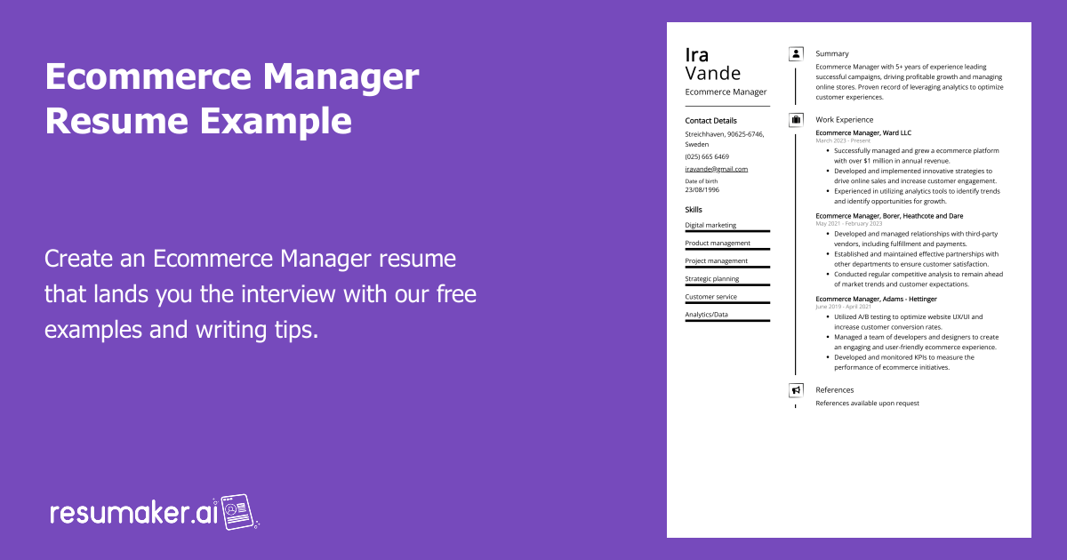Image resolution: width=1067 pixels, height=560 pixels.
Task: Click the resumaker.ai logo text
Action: [134, 513]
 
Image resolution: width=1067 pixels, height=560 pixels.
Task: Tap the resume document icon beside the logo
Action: [237, 512]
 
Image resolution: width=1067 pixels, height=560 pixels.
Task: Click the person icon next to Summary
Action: [796, 54]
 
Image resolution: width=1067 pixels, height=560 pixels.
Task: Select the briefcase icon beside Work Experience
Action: [796, 120]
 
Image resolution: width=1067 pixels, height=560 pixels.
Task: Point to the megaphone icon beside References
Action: [796, 390]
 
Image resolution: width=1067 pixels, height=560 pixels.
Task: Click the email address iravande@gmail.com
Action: [717, 169]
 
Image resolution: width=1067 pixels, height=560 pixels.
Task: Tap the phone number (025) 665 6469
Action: [707, 156]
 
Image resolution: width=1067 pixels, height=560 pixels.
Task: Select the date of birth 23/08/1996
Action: [702, 189]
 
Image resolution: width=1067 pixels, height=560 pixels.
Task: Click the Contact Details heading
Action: [710, 121]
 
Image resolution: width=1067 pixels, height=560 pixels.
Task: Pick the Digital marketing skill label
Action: [710, 225]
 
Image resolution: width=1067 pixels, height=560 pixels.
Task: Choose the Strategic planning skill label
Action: [711, 279]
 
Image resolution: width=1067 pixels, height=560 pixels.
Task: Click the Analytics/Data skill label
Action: [706, 315]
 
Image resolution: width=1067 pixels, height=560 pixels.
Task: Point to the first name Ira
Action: [697, 55]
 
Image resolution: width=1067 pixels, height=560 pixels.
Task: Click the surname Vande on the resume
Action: [712, 74]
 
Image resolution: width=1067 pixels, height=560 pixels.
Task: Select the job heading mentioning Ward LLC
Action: [863, 132]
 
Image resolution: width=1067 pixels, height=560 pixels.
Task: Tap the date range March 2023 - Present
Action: [843, 141]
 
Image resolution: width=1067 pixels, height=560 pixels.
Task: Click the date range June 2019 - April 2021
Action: [843, 308]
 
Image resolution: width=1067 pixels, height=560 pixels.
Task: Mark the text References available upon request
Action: [867, 404]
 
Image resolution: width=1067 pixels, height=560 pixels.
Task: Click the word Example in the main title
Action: [276, 121]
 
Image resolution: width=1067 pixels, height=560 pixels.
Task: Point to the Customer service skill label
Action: [710, 297]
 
